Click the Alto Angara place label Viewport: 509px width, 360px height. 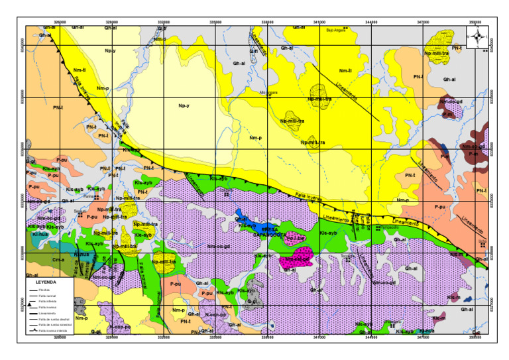pos(267,92)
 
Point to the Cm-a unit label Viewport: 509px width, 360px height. pos(58,260)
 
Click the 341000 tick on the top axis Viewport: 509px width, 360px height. pos(319,22)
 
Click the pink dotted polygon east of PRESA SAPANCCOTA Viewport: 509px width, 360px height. pos(295,237)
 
